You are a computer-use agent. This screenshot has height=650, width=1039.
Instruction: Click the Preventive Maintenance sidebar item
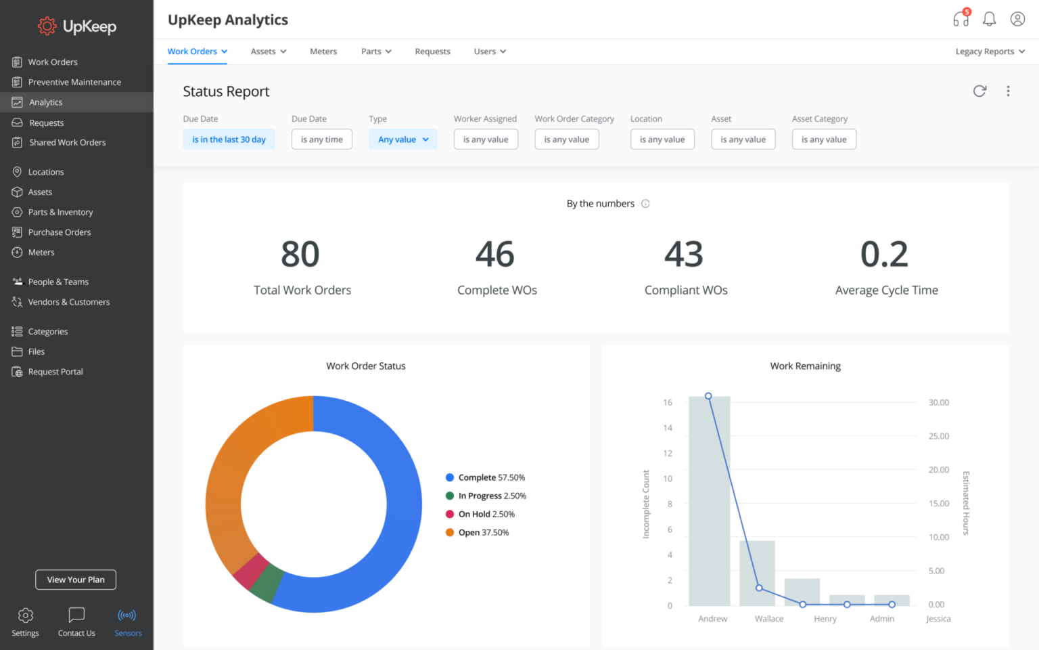click(74, 82)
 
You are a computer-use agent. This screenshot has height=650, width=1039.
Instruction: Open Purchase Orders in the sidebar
click(60, 232)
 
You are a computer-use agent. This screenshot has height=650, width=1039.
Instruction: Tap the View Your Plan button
click(76, 580)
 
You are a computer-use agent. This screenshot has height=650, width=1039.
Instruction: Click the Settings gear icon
click(26, 615)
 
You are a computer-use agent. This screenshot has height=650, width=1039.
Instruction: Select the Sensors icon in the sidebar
click(127, 615)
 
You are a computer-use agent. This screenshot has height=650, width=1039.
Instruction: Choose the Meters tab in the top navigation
click(323, 51)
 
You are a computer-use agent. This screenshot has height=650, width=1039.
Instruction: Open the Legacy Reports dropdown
click(990, 51)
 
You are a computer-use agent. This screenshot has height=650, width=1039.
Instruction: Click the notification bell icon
click(989, 19)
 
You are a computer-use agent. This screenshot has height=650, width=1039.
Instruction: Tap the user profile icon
click(1017, 19)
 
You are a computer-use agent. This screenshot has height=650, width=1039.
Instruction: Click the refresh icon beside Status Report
click(979, 91)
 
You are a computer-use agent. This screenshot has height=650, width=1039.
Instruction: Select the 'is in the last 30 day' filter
click(229, 139)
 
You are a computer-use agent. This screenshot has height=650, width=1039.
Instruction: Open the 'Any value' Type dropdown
click(403, 139)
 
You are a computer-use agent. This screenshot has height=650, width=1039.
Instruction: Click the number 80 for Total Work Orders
click(300, 255)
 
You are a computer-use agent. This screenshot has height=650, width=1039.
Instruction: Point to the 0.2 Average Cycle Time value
click(884, 255)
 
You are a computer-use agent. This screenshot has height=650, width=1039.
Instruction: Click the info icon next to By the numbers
click(645, 204)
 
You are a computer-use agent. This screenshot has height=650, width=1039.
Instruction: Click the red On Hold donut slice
click(250, 570)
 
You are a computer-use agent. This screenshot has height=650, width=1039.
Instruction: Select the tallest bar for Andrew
click(709, 501)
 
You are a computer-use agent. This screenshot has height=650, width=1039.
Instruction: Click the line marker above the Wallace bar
click(759, 588)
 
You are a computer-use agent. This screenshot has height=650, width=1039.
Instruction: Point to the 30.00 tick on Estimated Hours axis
click(938, 403)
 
